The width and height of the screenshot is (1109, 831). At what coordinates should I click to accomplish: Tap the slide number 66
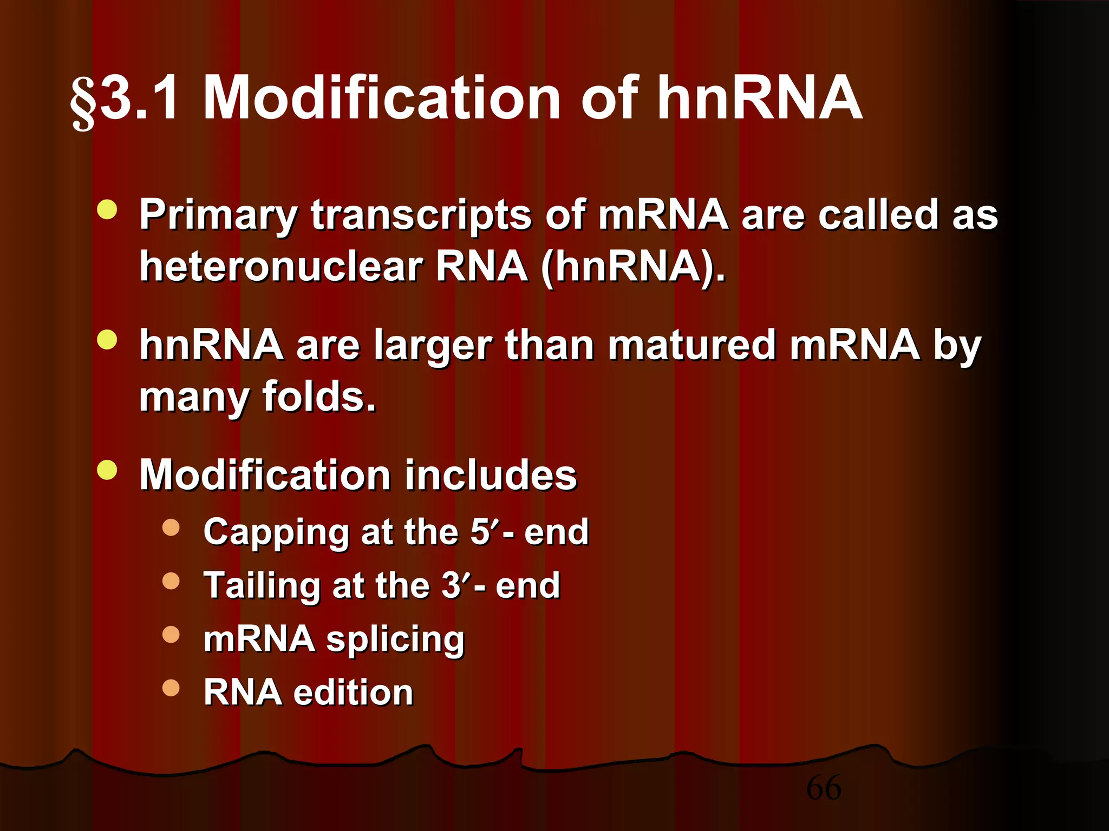824,787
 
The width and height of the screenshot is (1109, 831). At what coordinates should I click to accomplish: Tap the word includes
491,475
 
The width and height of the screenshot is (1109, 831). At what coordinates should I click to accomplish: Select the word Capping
276,532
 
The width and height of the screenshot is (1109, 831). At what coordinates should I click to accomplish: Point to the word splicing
395,639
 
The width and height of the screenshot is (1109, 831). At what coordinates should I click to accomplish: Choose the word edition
353,692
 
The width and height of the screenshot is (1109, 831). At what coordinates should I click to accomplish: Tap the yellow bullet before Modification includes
107,470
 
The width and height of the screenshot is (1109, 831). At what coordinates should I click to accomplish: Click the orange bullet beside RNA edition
171,688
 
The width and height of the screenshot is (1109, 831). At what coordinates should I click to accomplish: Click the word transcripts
421,215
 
